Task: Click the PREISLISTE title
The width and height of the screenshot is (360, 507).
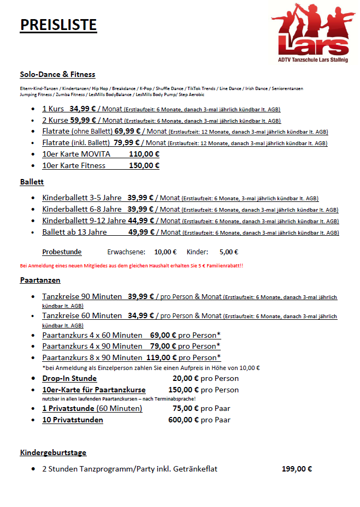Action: (58, 25)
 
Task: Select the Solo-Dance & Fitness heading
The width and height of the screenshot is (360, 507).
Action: (57, 74)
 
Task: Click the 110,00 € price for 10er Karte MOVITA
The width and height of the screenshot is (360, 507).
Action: (144, 154)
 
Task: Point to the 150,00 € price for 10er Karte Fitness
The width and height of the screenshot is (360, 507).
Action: (144, 165)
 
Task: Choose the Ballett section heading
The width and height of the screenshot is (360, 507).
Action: (32, 182)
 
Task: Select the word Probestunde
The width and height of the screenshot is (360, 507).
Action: (62, 252)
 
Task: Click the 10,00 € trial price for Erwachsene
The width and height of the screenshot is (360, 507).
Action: (166, 252)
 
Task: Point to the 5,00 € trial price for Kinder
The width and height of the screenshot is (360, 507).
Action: (228, 252)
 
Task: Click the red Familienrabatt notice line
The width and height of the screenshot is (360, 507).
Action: (132, 266)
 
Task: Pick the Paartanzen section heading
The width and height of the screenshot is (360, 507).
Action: (40, 280)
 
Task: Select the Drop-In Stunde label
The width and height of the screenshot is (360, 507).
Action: (69, 378)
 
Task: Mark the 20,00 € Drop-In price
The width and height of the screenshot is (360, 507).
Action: (185, 378)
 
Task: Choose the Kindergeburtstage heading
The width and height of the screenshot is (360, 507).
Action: (53, 452)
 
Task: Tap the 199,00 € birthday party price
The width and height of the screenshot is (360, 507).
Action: (297, 469)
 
